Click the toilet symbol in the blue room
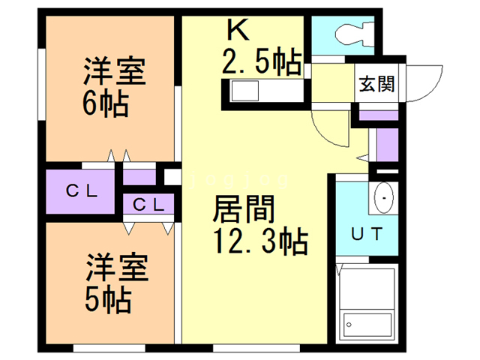click(x=355, y=34)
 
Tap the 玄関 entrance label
click(x=376, y=83)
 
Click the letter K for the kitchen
click(x=238, y=29)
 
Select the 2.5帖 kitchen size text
click(x=262, y=61)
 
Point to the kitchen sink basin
click(x=245, y=91)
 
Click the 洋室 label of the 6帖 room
click(x=114, y=70)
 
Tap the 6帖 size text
click(x=105, y=103)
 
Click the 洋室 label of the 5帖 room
click(x=117, y=267)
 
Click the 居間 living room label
click(x=244, y=209)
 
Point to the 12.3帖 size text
click(x=261, y=241)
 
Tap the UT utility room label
click(x=367, y=234)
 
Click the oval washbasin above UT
click(x=384, y=198)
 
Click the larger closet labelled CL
click(x=80, y=191)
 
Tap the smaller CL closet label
click(x=148, y=205)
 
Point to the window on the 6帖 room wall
click(x=42, y=84)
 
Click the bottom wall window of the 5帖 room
click(x=109, y=348)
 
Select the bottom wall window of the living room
click(x=256, y=348)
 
